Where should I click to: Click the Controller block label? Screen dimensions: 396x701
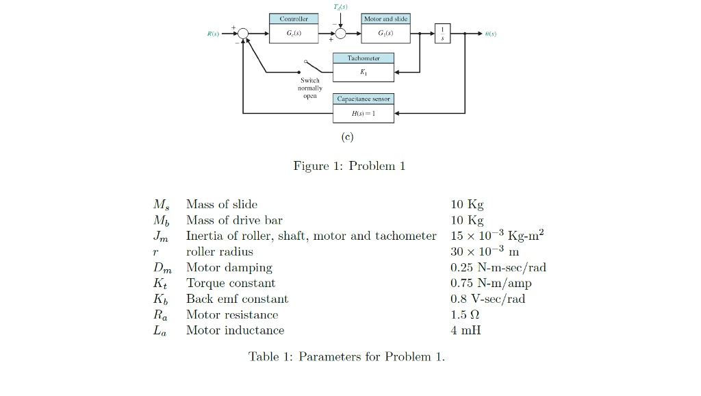click(x=294, y=19)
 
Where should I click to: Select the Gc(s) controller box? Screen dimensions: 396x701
click(x=294, y=33)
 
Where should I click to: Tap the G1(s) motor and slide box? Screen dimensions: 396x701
click(x=385, y=33)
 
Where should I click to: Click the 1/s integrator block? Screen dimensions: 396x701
click(x=443, y=32)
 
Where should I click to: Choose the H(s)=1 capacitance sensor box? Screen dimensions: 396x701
click(x=364, y=113)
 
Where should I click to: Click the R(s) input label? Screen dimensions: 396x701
click(x=213, y=33)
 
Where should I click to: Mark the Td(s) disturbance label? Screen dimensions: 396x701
click(x=340, y=6)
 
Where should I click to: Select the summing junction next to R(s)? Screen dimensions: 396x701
click(x=243, y=33)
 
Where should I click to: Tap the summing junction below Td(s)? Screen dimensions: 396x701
click(x=340, y=33)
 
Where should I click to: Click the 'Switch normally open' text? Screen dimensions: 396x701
click(x=310, y=88)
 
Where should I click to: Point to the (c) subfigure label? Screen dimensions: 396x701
click(x=348, y=137)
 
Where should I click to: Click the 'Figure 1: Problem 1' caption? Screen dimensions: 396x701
click(x=349, y=166)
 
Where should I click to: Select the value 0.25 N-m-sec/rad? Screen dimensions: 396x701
click(x=498, y=267)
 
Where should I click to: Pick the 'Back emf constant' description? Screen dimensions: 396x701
click(x=237, y=299)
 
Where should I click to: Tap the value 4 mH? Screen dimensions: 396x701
click(x=466, y=330)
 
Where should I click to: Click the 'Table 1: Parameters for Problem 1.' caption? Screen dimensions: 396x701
click(x=346, y=356)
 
